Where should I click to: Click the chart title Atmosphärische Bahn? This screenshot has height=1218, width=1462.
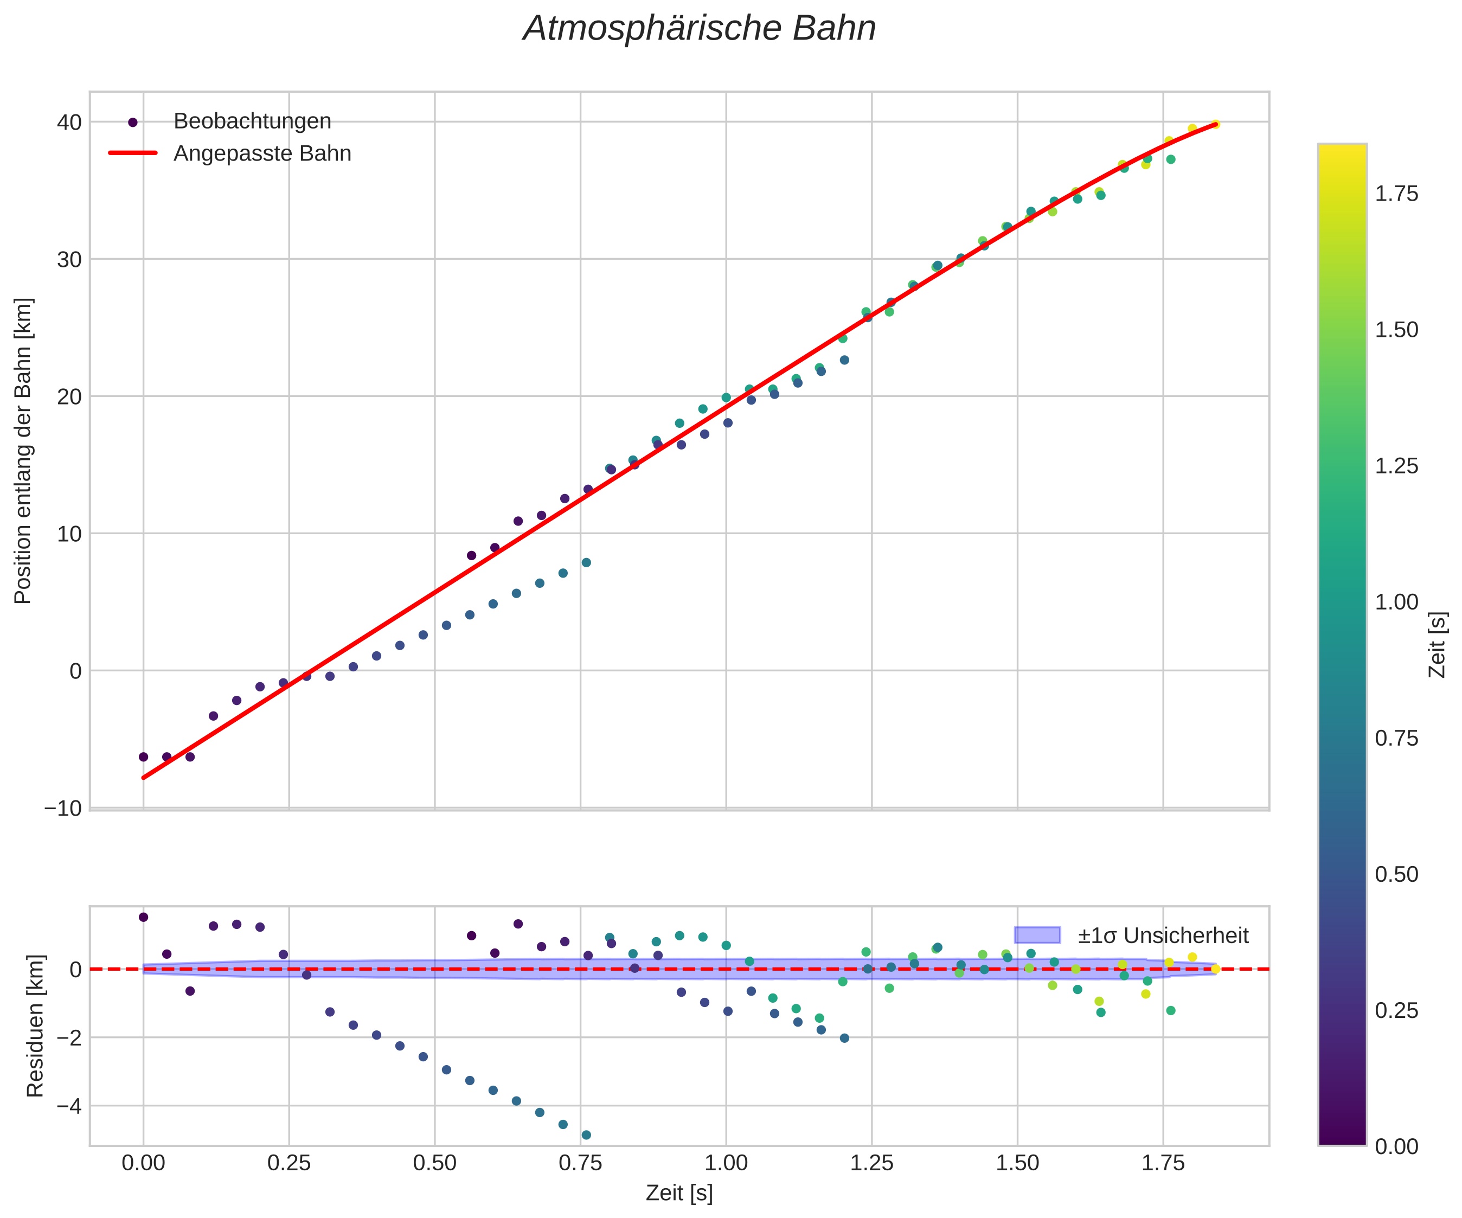[x=699, y=29]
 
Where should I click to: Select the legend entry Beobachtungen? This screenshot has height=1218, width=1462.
[x=252, y=121]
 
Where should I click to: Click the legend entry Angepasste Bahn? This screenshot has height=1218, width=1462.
[x=262, y=153]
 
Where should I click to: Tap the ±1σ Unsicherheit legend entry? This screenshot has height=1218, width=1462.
[x=1163, y=935]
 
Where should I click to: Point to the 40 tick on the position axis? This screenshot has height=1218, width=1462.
[x=69, y=123]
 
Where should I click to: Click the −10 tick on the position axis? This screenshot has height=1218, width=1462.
[x=63, y=809]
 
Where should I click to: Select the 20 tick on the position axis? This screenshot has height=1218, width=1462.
[x=69, y=397]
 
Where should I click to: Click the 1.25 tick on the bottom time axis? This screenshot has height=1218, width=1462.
[x=871, y=1163]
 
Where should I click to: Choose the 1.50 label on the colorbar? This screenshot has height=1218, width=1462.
[x=1396, y=329]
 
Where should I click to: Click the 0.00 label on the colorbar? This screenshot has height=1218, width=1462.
[x=1396, y=1146]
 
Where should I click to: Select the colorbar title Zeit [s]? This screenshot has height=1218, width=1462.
[x=1438, y=644]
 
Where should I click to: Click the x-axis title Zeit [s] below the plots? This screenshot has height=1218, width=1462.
[x=679, y=1193]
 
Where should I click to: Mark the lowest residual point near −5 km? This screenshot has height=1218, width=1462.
[x=586, y=1135]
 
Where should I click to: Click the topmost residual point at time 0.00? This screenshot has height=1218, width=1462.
[x=143, y=917]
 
